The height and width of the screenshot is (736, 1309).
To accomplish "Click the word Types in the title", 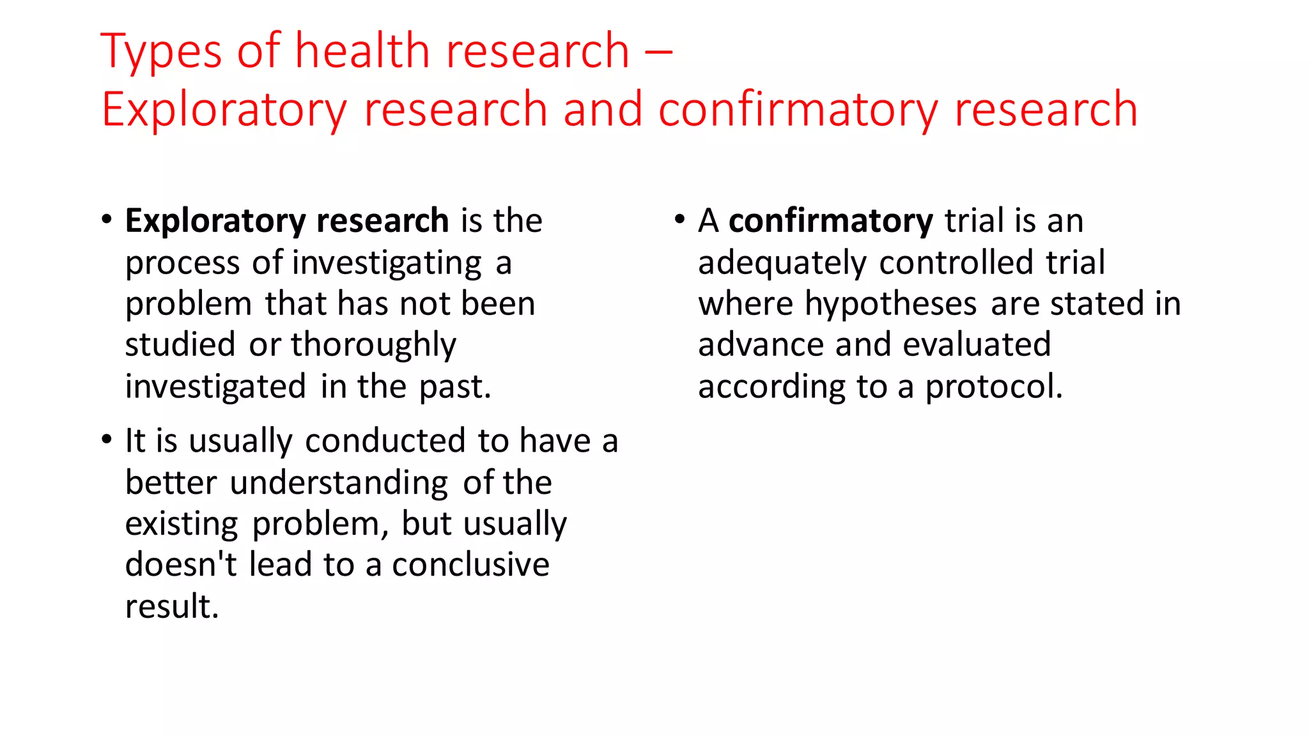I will [x=161, y=51].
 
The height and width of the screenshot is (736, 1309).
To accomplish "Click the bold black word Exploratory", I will [x=215, y=222].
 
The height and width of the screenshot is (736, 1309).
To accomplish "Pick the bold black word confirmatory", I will [x=831, y=221].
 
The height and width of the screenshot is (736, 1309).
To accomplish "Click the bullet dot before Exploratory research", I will [x=107, y=220].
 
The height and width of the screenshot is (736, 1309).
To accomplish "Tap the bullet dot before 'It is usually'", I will [x=107, y=440].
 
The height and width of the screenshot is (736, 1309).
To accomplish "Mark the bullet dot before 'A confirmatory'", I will [x=679, y=220].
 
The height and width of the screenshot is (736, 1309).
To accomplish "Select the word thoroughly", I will [x=373, y=346].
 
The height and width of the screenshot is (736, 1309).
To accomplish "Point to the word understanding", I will [x=339, y=483].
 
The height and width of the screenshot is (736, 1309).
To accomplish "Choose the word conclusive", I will [x=470, y=565].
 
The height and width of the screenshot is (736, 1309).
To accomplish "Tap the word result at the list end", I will [x=171, y=606].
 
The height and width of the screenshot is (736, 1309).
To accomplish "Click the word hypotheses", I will [x=890, y=304].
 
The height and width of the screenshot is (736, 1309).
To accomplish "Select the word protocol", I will [x=993, y=387].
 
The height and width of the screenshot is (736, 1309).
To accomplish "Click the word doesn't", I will [x=181, y=565].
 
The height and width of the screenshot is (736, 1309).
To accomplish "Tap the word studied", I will [x=180, y=345].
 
